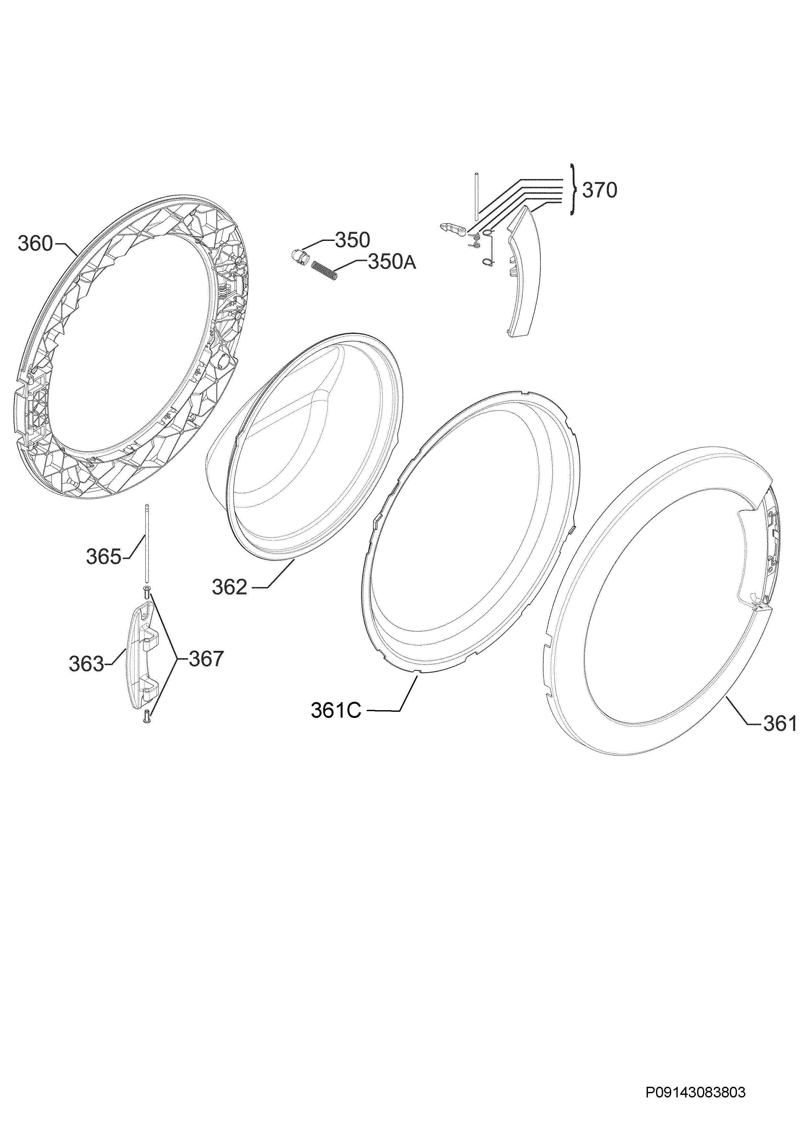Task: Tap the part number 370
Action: point(600,190)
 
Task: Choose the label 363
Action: point(86,664)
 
